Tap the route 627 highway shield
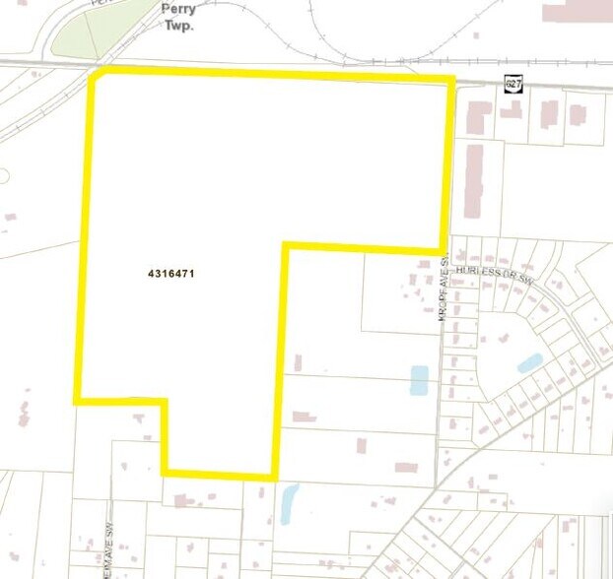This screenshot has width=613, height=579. click(511, 86)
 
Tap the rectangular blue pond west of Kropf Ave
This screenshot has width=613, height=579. click(419, 380)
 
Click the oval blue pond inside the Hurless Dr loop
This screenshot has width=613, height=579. click(529, 362)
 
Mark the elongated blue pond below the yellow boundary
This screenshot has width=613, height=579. click(289, 504)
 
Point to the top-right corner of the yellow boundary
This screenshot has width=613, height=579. click(451, 78)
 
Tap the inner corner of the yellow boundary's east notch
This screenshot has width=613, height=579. click(285, 244)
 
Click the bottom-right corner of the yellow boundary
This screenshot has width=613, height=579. click(275, 478)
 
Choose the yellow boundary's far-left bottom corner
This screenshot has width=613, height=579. click(77, 400)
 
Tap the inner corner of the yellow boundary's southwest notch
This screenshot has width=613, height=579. click(164, 401)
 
